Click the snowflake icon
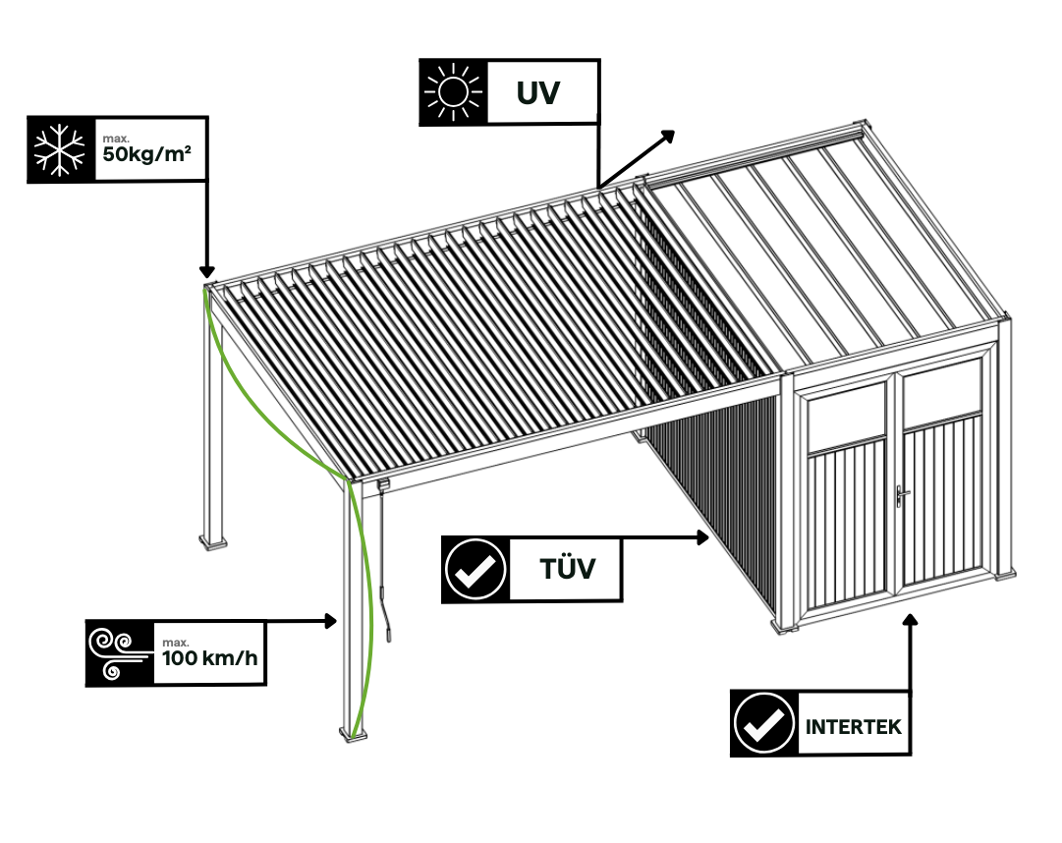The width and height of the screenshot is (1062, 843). tap(61, 149)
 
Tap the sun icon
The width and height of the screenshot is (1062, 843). tap(453, 92)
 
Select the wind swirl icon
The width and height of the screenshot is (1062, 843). tap(118, 652)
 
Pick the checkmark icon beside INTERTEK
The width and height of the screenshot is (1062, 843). tap(763, 723)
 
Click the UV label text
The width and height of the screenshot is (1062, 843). tap(538, 93)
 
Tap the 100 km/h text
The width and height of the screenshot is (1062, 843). tap(208, 657)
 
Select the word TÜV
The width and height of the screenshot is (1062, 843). tap(567, 569)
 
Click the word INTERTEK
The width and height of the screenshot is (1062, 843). tap(853, 728)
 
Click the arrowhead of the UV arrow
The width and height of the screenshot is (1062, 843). tap(668, 135)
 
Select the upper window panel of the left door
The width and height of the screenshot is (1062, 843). tap(846, 416)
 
